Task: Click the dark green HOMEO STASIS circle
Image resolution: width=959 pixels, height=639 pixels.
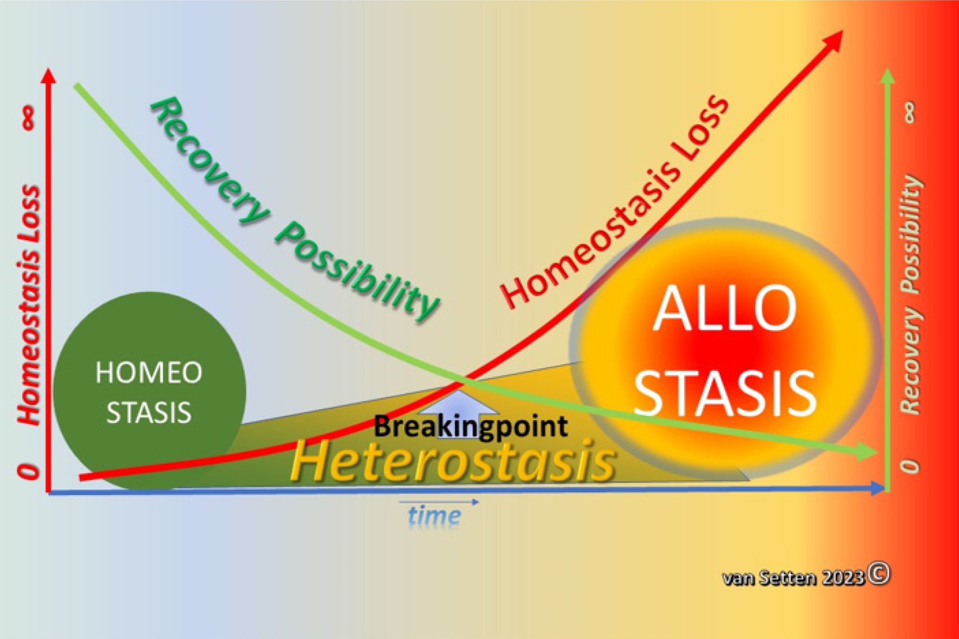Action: coord(149,391)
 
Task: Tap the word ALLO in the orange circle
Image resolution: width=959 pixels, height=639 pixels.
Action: coord(724,309)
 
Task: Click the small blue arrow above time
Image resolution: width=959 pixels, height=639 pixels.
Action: coord(438,502)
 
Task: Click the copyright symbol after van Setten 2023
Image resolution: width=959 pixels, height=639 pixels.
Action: coord(879,575)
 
